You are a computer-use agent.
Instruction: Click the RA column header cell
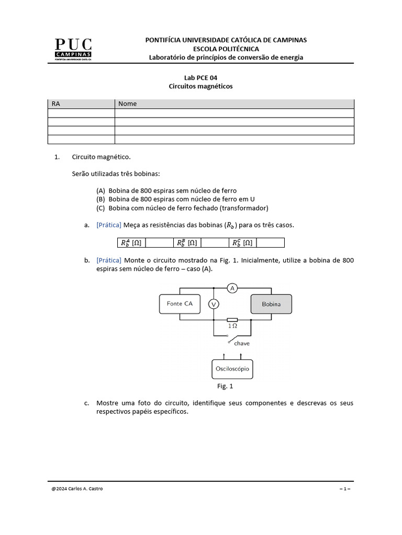(x=81, y=103)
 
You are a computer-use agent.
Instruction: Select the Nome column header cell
(x=234, y=103)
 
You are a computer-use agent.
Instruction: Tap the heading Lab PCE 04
(x=200, y=77)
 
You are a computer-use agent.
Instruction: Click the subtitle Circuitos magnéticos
(x=200, y=86)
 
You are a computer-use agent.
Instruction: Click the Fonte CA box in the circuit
(x=180, y=303)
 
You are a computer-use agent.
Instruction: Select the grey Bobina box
(x=271, y=304)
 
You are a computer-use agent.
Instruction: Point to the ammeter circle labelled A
(x=232, y=288)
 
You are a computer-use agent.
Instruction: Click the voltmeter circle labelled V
(x=214, y=304)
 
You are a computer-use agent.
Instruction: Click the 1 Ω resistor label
(x=232, y=326)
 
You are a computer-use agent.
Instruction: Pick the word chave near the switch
(x=242, y=343)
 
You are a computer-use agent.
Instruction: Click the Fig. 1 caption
(x=225, y=387)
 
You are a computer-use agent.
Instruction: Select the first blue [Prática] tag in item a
(x=109, y=225)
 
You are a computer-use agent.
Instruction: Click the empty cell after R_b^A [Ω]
(x=159, y=242)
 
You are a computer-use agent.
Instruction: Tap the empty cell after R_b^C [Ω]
(x=271, y=242)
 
